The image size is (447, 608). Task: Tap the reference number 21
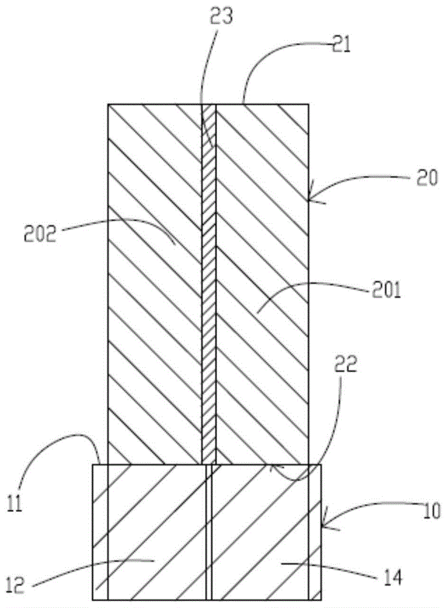point(341,46)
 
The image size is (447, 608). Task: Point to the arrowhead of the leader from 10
point(322,524)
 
